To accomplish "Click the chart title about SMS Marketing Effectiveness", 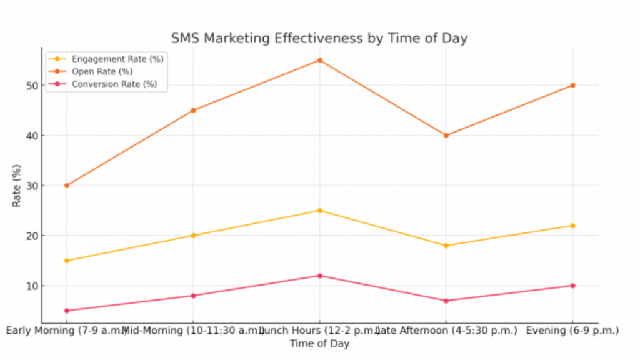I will point(319,38).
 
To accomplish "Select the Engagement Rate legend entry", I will point(117,59).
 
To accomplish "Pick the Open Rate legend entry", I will point(102,71).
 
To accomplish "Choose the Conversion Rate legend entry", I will point(114,84).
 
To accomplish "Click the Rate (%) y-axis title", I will point(16,186).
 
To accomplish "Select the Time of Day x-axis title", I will point(319,343).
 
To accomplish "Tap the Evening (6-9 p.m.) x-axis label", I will point(572,331).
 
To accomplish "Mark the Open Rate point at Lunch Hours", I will point(319,60).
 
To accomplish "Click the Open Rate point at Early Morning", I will point(67,186).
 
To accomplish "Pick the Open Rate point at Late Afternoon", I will point(446,136).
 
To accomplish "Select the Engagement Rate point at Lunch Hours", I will point(319,211).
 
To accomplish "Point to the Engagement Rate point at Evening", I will point(572,226).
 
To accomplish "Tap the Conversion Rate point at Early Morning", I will point(67,311).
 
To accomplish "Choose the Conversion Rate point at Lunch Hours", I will point(319,276).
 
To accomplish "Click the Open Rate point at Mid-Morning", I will point(193,111).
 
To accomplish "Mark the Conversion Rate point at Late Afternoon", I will point(446,301).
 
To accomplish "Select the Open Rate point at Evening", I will point(572,86).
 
